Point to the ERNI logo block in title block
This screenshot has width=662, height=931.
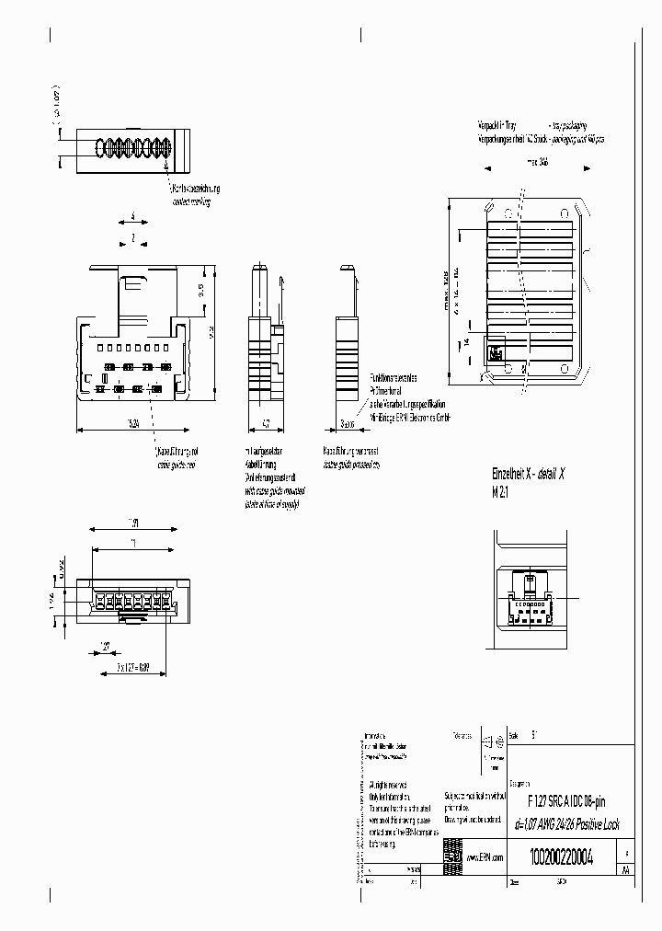point(452,852)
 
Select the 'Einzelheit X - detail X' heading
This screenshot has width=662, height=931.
point(529,473)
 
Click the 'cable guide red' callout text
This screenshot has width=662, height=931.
point(170,465)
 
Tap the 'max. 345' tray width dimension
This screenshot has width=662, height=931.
point(538,165)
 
